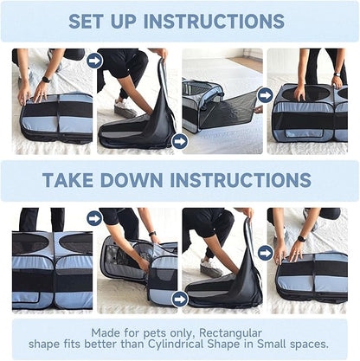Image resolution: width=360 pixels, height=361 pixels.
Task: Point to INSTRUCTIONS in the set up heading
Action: (x=214, y=21)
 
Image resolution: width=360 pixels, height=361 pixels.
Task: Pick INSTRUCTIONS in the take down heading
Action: (x=241, y=180)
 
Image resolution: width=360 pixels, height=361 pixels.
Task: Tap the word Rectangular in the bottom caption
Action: (x=230, y=333)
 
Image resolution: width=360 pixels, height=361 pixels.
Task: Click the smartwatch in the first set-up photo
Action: (x=46, y=80)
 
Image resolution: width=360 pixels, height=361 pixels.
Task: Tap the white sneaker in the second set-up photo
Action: (x=125, y=108)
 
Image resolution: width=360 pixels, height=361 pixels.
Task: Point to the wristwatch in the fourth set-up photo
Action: (x=337, y=74)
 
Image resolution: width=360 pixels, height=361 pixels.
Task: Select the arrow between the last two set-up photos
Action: (x=265, y=95)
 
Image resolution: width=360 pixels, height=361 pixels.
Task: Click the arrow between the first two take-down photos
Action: (x=94, y=218)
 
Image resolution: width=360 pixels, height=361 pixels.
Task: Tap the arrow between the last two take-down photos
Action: (x=265, y=253)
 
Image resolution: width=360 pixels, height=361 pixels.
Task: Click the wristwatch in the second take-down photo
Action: (x=152, y=234)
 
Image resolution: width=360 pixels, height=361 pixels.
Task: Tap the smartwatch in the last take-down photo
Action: (x=301, y=239)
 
